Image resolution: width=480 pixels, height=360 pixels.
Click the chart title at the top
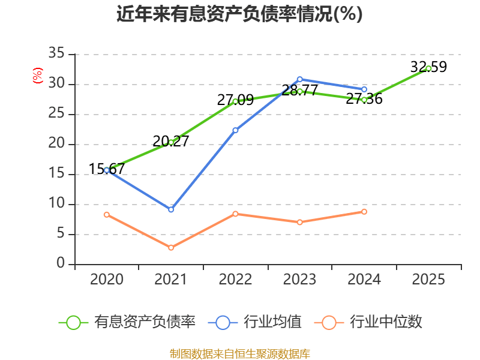coord(239,14)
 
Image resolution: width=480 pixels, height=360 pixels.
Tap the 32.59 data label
coord(428,67)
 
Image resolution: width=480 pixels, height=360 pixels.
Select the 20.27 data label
coord(171,141)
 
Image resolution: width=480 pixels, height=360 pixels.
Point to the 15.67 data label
coord(107,169)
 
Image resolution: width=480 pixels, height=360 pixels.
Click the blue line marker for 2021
coord(171,209)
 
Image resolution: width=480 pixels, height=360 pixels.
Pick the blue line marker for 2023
coord(299,79)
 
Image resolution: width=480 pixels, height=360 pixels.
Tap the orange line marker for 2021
coord(171,248)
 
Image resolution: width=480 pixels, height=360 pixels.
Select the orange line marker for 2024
coord(364,212)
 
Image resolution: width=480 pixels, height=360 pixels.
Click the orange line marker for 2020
coord(107,214)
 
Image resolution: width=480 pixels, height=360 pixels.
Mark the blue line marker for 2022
coord(235,130)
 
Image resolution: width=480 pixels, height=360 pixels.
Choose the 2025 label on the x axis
coord(428,279)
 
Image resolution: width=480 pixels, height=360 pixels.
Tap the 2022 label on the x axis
coord(235,279)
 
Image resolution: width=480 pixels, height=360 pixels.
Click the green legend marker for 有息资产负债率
coord(73,322)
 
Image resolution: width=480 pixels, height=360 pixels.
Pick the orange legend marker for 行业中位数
coord(329,322)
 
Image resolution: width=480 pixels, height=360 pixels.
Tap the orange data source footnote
coord(239,353)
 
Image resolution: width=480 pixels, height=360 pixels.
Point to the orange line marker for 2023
coord(299,222)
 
